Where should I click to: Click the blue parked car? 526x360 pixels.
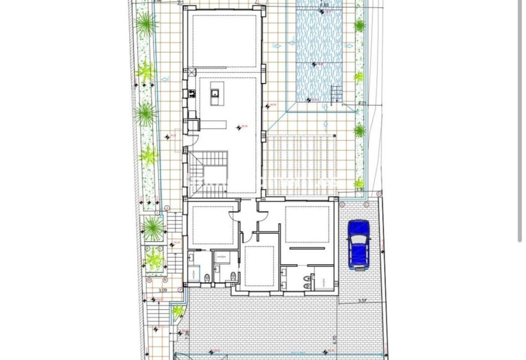[x=358, y=244]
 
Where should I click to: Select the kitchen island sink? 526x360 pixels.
[x=216, y=95]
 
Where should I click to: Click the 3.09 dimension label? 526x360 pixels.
[x=163, y=289]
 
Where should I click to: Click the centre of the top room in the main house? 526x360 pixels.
[x=224, y=40]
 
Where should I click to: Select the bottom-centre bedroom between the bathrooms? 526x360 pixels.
[x=259, y=266]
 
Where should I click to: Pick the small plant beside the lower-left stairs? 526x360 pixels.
[x=178, y=311]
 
